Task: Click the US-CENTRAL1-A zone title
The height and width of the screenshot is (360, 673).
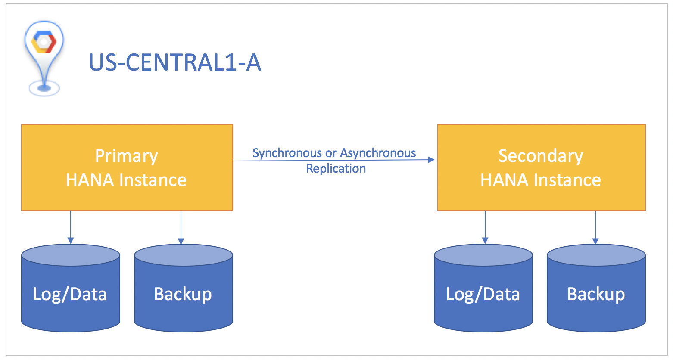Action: (x=174, y=62)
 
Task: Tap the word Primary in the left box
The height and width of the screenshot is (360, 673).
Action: (x=126, y=156)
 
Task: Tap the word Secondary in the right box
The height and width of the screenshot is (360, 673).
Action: (x=541, y=156)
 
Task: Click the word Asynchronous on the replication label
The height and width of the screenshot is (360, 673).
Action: (x=378, y=153)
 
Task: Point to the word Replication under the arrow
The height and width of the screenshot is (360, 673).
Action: (x=336, y=168)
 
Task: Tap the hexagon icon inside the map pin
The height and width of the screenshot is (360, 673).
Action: (x=44, y=42)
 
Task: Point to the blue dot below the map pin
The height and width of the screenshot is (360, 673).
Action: (x=44, y=88)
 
